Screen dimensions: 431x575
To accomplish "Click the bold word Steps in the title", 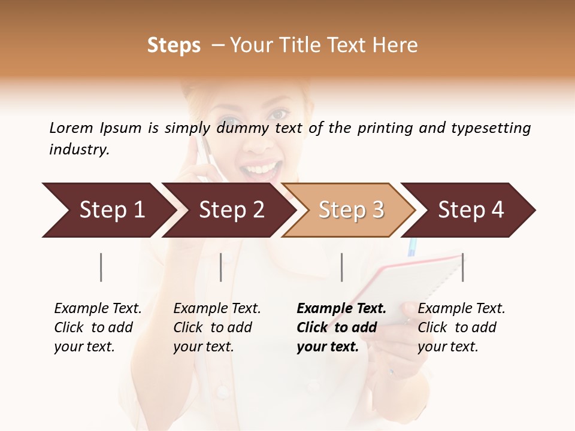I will (174, 45).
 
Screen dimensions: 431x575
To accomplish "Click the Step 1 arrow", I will (108, 210).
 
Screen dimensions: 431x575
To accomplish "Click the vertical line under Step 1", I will (101, 267).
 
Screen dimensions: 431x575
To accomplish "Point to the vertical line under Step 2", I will (221, 267).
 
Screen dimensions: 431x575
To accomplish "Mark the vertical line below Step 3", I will (341, 267).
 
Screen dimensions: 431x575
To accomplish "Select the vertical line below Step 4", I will (462, 267).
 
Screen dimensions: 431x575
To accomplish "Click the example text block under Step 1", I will (98, 327).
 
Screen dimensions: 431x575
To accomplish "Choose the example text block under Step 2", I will (217, 327).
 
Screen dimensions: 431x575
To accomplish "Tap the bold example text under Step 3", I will (341, 327).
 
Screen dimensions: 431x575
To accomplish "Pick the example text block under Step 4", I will (461, 327).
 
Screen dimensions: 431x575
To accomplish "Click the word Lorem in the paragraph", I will (71, 128).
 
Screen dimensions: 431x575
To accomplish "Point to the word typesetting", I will (491, 128).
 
